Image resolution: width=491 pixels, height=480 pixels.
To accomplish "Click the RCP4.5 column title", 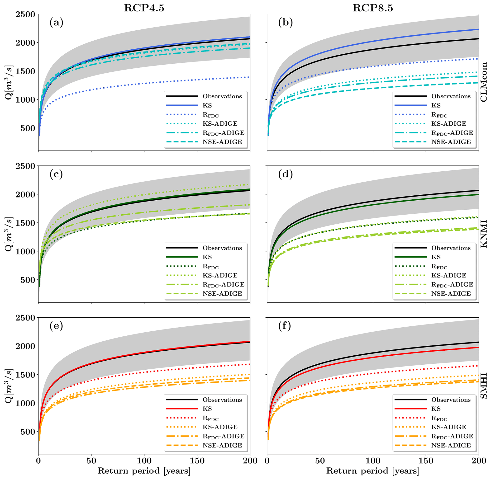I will pyautogui.click(x=144, y=8).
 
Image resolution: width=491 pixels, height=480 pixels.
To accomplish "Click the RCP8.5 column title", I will pyautogui.click(x=373, y=8).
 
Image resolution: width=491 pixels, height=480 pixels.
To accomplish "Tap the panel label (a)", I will pyautogui.click(x=56, y=23).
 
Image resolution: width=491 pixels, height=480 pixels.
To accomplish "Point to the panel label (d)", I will pyautogui.click(x=285, y=174).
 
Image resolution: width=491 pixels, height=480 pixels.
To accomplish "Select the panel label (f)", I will pyautogui.click(x=285, y=326).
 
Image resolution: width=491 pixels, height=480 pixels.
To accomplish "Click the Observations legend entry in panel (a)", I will pyautogui.click(x=222, y=96).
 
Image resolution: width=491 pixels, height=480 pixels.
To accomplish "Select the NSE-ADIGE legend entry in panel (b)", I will pyautogui.click(x=451, y=142).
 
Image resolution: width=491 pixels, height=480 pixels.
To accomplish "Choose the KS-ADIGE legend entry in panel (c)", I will pyautogui.click(x=220, y=275).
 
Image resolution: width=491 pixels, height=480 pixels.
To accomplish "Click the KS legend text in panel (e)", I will pyautogui.click(x=207, y=409).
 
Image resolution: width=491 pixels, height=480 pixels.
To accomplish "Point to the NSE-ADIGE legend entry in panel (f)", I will pyautogui.click(x=451, y=445).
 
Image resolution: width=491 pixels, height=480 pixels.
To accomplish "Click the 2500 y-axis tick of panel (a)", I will pyautogui.click(x=25, y=14).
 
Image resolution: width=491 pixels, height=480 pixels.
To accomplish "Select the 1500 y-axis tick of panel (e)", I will pyautogui.click(x=25, y=375).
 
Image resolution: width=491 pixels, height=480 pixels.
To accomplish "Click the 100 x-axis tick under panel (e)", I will pyautogui.click(x=144, y=461).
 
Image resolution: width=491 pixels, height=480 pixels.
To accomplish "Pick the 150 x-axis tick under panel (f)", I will pyautogui.click(x=426, y=461).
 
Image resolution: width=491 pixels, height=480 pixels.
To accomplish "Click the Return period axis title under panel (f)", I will pyautogui.click(x=373, y=471).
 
